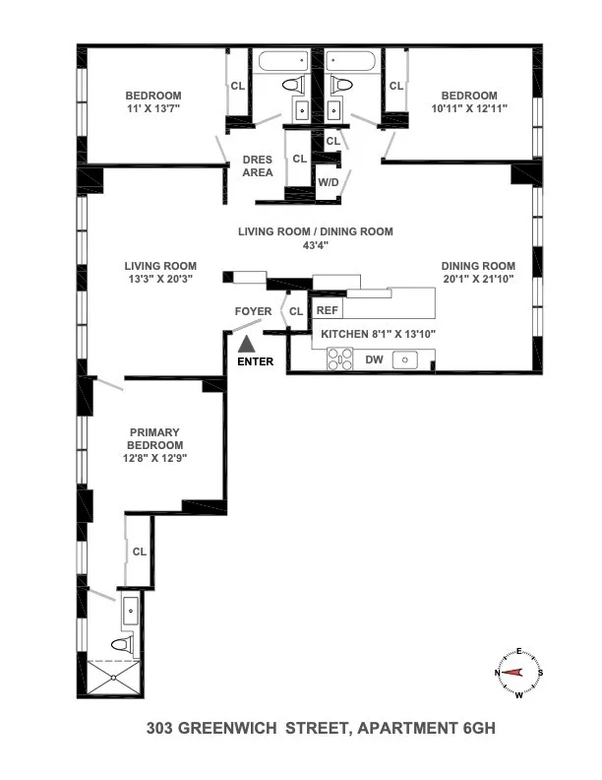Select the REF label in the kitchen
(328, 310)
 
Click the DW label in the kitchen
(374, 360)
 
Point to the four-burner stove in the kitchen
(338, 361)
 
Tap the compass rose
(518, 673)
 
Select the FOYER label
(253, 311)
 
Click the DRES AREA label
(258, 166)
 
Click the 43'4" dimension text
(315, 247)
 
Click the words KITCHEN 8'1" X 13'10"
(378, 334)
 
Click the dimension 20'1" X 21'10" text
(477, 279)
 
